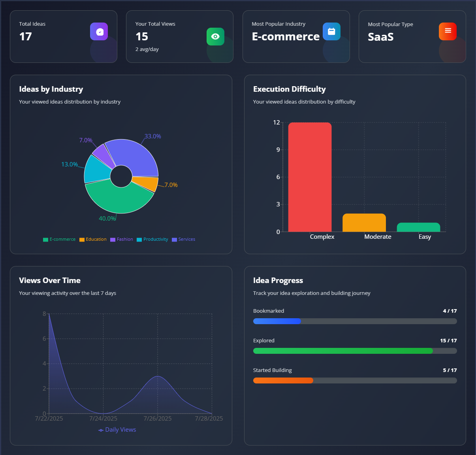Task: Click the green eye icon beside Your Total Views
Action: (215, 36)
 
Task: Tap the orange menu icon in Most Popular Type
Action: (448, 31)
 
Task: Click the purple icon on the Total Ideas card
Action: (99, 32)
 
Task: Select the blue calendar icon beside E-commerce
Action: (331, 31)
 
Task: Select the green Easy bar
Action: (418, 227)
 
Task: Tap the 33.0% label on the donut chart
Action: (152, 136)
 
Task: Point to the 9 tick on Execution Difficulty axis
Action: (278, 150)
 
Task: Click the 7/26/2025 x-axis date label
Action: (158, 419)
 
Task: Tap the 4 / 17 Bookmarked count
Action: (450, 311)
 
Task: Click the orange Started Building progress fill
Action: (283, 381)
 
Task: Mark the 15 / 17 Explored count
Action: (448, 341)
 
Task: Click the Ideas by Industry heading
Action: (51, 89)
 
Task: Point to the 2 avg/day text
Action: (147, 49)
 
